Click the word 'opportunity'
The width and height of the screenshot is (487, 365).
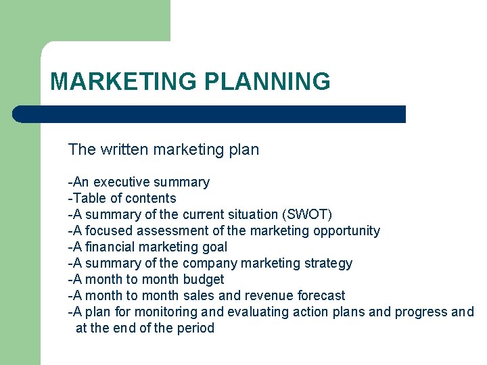click(x=346, y=230)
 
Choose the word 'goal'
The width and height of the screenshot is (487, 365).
click(x=214, y=247)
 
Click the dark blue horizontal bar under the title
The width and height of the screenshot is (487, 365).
click(x=210, y=114)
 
